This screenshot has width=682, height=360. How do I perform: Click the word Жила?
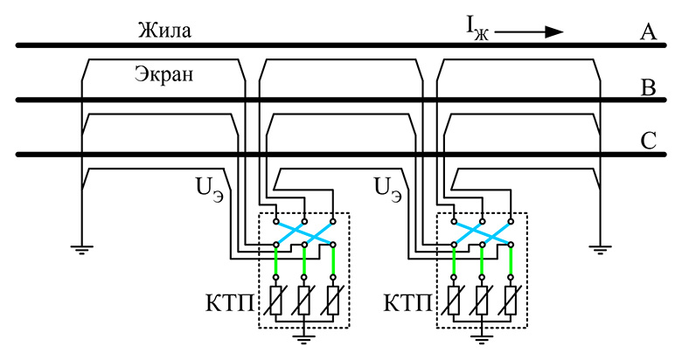point(164,31)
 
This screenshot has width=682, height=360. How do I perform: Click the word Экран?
point(164,75)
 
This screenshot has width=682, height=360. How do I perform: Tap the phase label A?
point(648,33)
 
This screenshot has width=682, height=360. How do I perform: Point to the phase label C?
point(648,141)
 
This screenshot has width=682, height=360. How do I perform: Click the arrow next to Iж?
point(530,32)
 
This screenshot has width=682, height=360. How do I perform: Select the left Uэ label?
point(209,188)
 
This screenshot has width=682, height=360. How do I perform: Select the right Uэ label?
point(387,188)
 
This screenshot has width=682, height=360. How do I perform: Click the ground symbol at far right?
point(599,249)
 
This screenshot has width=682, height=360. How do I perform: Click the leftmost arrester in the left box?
point(275,299)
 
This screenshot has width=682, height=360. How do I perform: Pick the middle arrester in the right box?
point(482,299)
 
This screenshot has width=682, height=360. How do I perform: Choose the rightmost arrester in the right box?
point(511,299)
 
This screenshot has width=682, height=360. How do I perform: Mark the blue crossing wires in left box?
point(304,232)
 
